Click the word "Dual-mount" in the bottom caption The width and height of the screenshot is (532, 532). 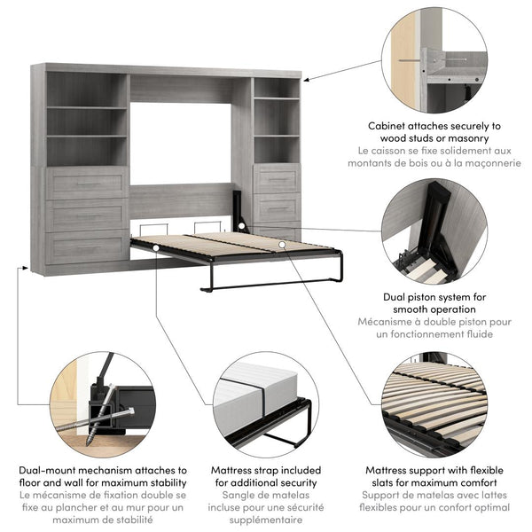point(51,469)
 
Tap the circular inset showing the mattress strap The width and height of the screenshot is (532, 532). point(263,403)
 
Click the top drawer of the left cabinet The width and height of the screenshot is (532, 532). point(87,184)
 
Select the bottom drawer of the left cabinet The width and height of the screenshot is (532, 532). point(87,246)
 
